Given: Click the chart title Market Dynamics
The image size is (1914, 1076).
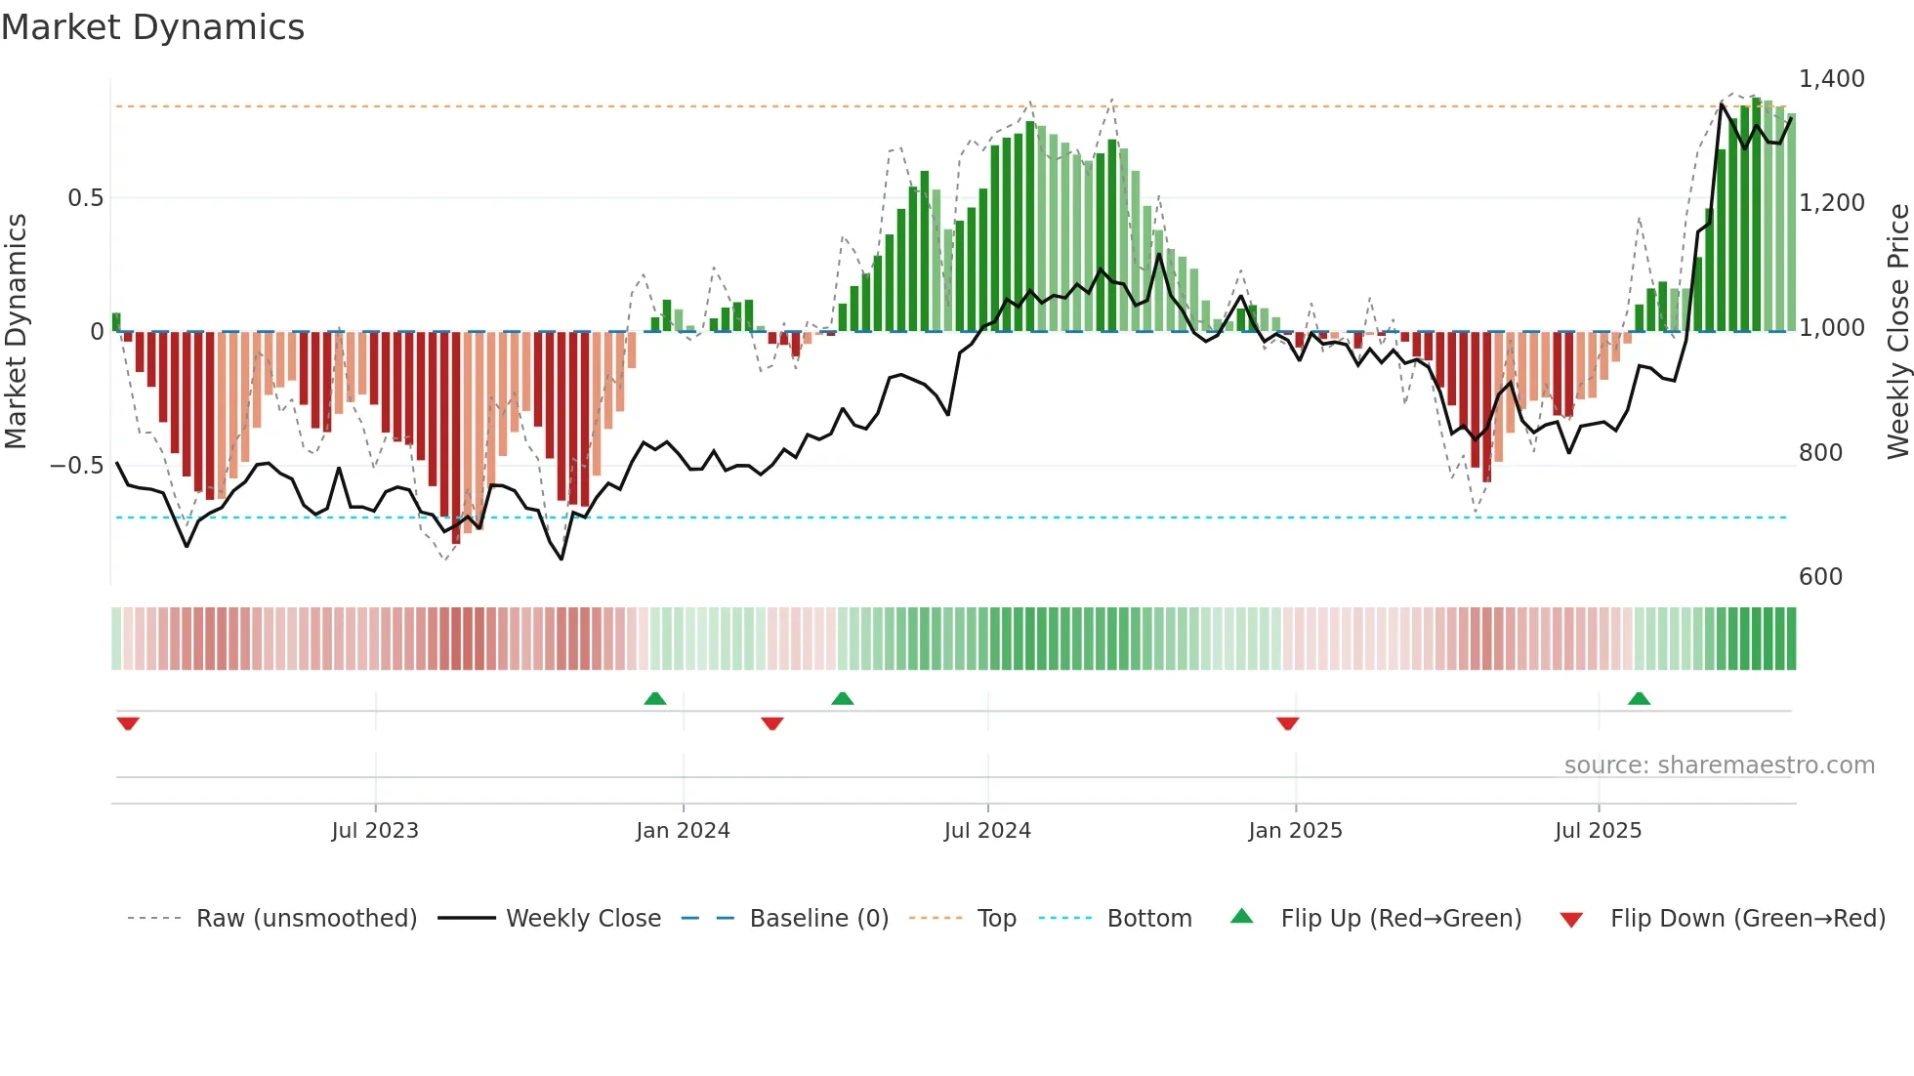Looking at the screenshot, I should pos(152,27).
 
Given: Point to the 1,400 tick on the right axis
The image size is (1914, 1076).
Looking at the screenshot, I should pos(1831,78).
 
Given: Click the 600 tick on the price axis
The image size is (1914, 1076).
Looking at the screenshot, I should pos(1820,576).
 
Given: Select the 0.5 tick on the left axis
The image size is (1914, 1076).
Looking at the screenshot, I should pos(85,198).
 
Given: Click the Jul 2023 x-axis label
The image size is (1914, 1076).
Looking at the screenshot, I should pos(375,830).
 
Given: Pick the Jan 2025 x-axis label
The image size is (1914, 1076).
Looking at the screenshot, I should pos(1295,830).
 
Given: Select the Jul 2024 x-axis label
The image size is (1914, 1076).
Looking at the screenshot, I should pos(987,830).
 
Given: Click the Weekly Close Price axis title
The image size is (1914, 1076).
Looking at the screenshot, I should pos(1897,331).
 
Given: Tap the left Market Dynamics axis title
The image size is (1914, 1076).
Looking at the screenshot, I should pos(16,331).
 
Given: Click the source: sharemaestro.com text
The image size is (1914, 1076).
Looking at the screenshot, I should pos(1719,765).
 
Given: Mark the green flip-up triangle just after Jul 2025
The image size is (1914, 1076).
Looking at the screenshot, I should pos(1639,698).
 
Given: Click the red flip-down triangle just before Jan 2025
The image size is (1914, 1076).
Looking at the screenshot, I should pos(1287,724).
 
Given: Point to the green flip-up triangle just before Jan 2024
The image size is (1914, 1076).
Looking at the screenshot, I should pos(655,698).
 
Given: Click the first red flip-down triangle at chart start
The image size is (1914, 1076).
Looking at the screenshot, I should pos(128,724).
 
